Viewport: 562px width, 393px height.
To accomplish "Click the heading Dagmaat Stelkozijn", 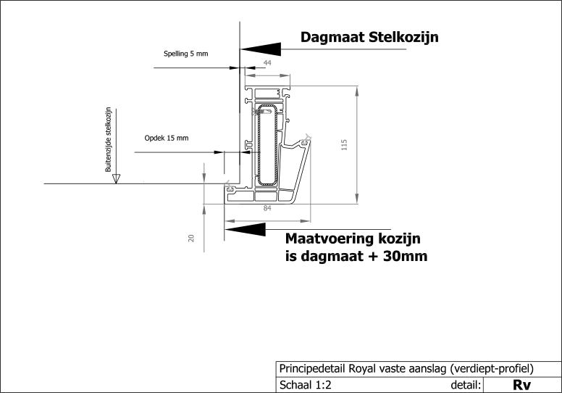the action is coord(369,37).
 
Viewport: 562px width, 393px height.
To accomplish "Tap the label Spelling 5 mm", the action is coord(185,54).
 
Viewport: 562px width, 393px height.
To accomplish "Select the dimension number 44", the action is coord(267,63).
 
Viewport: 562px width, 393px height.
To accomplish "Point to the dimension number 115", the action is coord(344,144).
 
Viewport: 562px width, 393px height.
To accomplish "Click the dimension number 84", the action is coord(267,208).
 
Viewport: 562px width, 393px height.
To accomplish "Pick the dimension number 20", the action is coord(191,238).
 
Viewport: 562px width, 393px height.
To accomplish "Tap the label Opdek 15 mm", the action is coord(167,138).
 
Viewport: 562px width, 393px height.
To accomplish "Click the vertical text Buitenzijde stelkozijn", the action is coord(108,140).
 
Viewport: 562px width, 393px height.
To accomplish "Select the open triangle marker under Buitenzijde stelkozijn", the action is coord(116,178).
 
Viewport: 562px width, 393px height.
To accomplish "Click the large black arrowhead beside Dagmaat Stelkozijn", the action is coord(261,49).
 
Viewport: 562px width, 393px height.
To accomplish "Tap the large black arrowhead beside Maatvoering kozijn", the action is coord(246,230).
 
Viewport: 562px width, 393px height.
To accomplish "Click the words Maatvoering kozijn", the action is coord(353,239).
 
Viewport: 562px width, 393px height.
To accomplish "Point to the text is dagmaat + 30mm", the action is coord(356,256).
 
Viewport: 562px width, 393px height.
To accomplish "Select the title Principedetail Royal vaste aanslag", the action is coord(362,368).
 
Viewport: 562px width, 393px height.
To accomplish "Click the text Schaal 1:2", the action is coord(306,385).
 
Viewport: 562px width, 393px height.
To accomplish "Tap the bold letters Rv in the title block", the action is coord(521,385).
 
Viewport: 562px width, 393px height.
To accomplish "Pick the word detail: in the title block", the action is coord(466,385).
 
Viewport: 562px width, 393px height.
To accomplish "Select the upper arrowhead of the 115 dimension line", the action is coord(356,91).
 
